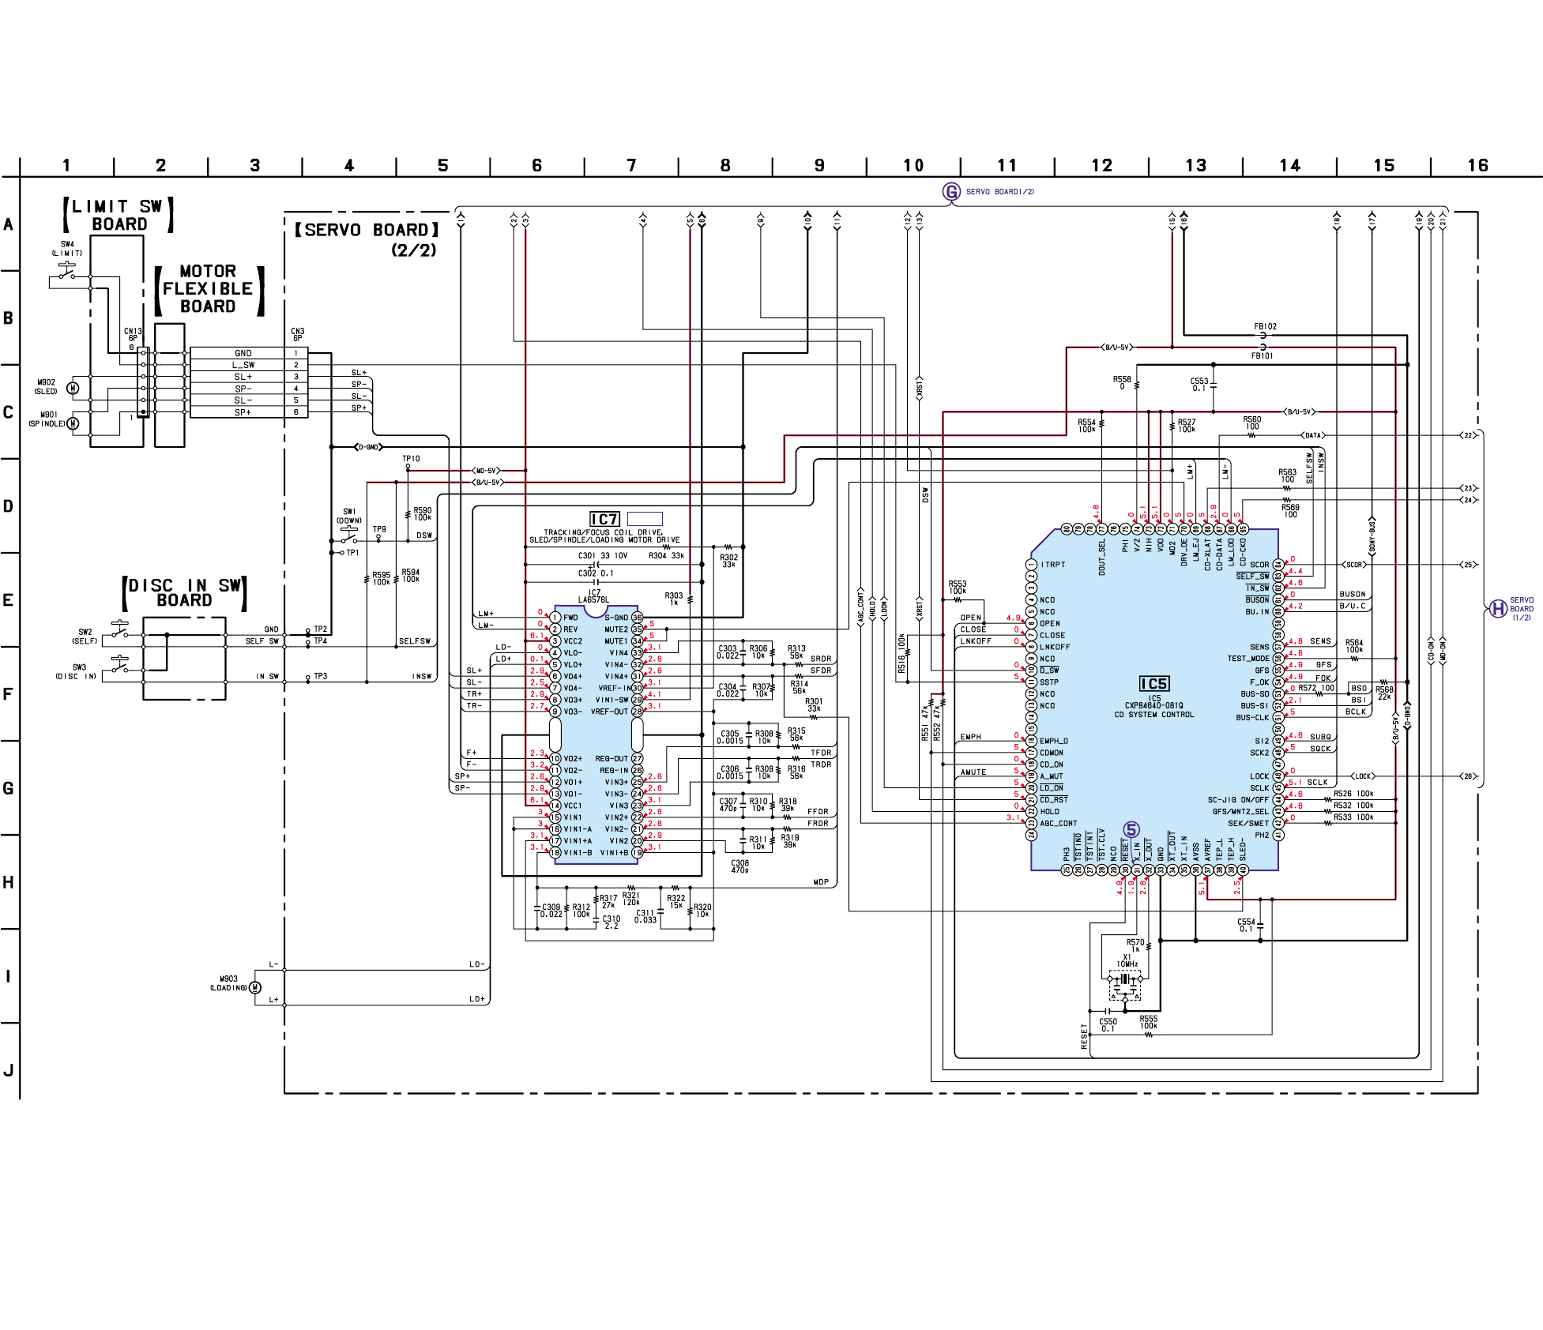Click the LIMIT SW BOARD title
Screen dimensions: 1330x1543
[x=119, y=215]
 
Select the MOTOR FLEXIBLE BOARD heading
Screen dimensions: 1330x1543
[x=208, y=289]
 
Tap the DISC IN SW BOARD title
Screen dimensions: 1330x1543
[x=185, y=592]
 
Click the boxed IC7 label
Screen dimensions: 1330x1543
[x=604, y=519]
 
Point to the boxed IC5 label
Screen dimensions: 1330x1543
[x=1153, y=684]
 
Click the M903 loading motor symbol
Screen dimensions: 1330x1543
[x=254, y=987]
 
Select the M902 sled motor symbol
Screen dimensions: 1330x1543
[x=73, y=388]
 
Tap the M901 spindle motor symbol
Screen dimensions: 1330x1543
[x=73, y=423]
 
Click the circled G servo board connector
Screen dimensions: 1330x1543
[x=951, y=191]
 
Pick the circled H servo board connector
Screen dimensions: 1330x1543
[x=1497, y=609]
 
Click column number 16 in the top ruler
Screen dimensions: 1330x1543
[x=1477, y=166]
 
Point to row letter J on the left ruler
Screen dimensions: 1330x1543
[x=9, y=1071]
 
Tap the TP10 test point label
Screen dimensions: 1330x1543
[x=411, y=458]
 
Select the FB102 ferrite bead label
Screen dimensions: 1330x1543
[x=1265, y=326]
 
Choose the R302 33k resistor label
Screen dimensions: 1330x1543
[x=728, y=561]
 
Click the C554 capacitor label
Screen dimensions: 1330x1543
[x=1246, y=925]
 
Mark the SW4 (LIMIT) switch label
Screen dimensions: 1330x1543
[x=67, y=248]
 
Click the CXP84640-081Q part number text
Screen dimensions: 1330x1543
[x=1154, y=706]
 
